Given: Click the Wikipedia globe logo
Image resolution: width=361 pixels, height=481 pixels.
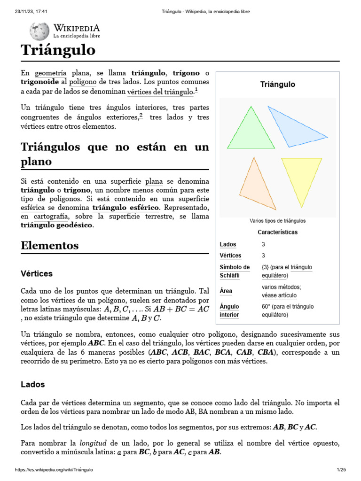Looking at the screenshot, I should [39, 31].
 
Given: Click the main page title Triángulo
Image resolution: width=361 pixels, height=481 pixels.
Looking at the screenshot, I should [58, 50].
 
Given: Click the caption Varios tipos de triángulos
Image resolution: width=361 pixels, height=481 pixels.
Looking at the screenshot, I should [277, 220].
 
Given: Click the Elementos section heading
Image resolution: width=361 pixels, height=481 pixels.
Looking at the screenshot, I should [50, 246].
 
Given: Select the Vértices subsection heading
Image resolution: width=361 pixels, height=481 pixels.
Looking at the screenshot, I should [37, 273].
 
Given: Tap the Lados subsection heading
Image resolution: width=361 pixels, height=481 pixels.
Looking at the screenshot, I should [33, 384].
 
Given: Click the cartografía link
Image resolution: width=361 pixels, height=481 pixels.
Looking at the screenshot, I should [50, 216].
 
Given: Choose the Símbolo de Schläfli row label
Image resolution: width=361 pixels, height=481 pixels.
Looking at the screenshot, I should [235, 271].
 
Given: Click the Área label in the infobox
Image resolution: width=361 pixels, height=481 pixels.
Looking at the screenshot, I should [226, 291].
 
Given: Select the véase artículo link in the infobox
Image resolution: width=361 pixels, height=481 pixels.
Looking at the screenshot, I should [279, 295].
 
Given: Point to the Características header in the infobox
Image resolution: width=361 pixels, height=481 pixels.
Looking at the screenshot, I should [277, 232].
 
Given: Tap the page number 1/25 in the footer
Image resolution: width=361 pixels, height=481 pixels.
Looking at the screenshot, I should [341, 470].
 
